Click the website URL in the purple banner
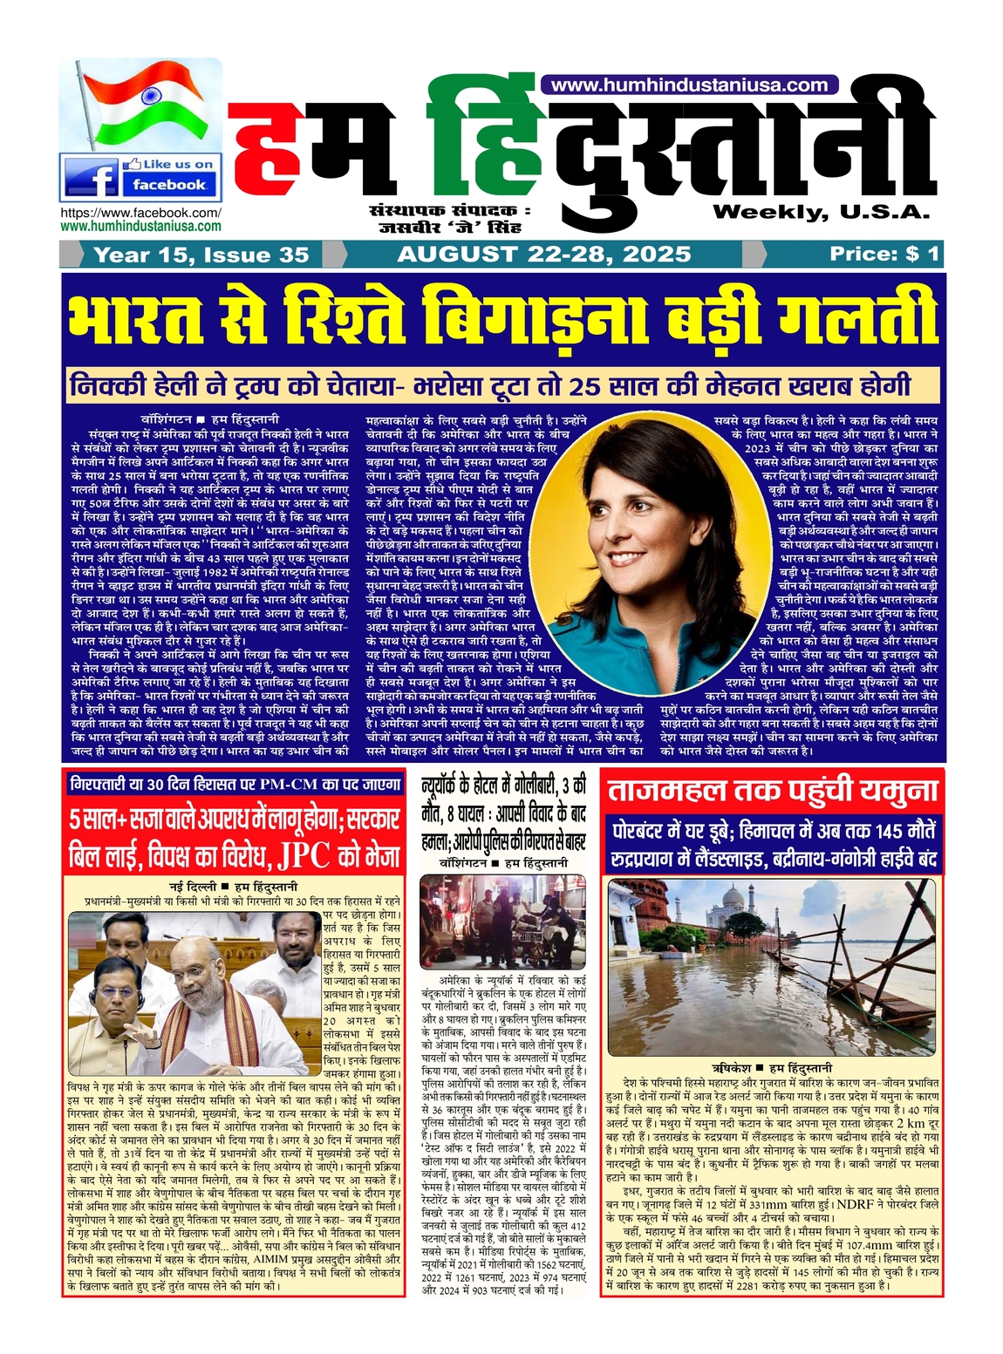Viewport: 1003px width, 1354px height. click(689, 85)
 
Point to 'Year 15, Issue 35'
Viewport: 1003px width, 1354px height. click(201, 255)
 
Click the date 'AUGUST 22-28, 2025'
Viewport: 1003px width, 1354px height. click(543, 254)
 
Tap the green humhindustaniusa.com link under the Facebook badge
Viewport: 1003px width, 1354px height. click(140, 225)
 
